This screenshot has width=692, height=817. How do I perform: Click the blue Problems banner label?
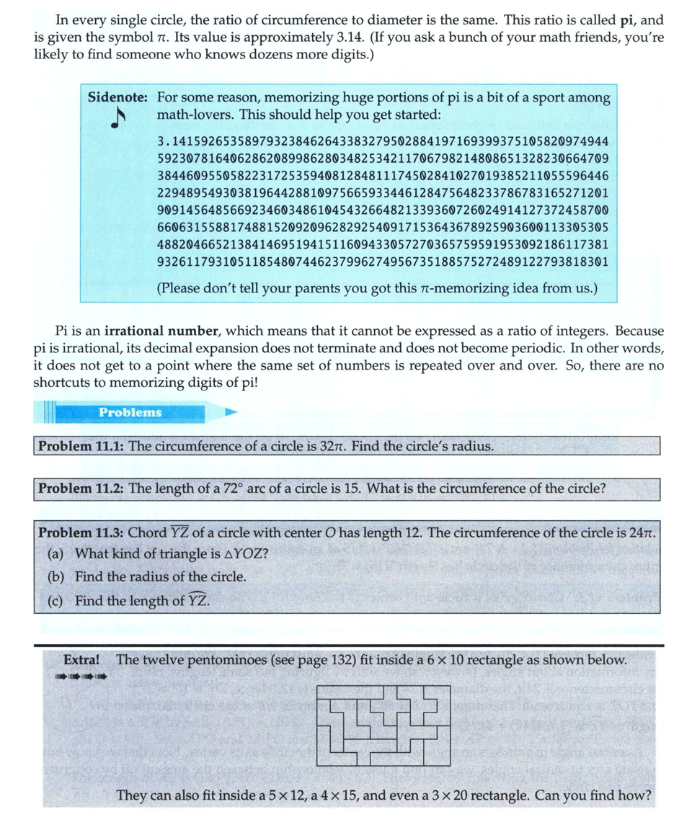pos(130,413)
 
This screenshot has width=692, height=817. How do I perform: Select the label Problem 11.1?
pos(81,446)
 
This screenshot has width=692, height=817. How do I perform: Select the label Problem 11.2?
pos(81,488)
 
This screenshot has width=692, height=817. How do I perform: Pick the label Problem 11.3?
pos(81,533)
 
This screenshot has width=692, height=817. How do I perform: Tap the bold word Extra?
pos(81,659)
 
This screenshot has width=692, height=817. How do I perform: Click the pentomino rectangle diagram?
pos(384,722)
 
